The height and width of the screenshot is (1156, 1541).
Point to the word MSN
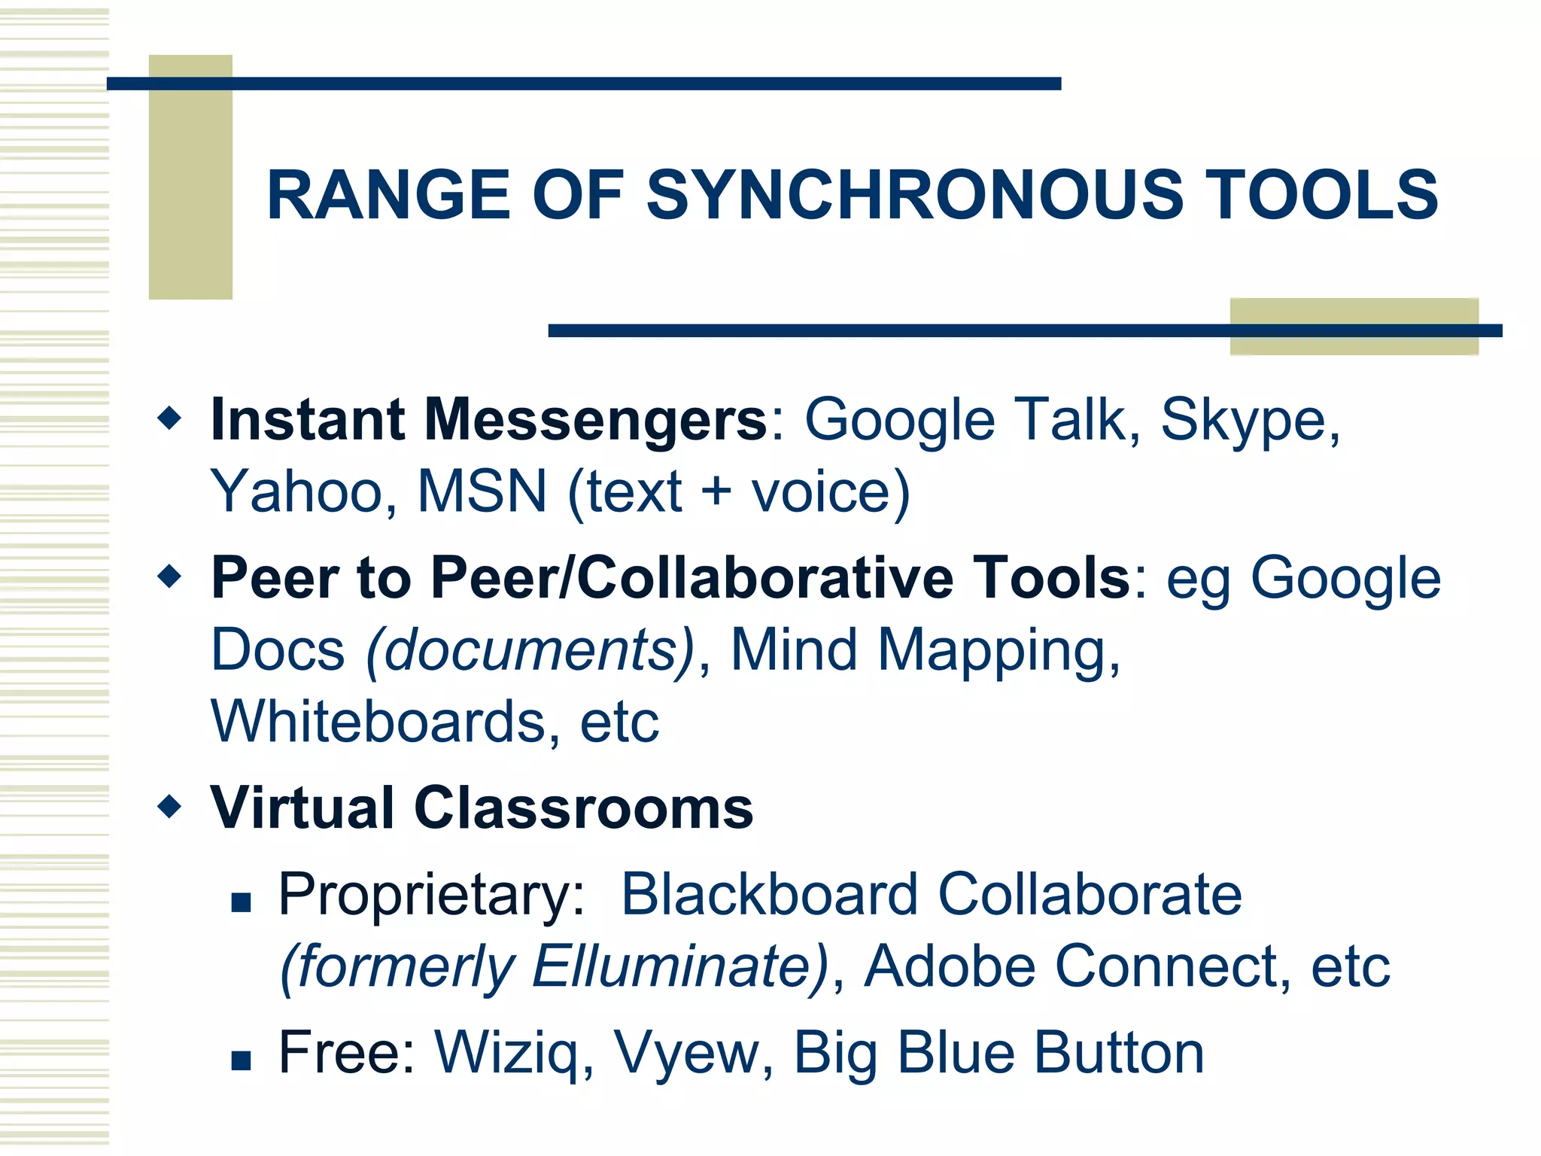pyautogui.click(x=482, y=491)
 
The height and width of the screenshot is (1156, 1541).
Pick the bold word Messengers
pyautogui.click(x=595, y=419)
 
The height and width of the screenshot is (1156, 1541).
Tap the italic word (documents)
pyautogui.click(x=530, y=649)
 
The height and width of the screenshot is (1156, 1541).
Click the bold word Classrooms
pyautogui.click(x=583, y=808)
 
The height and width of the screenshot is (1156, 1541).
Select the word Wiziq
pyautogui.click(x=512, y=1053)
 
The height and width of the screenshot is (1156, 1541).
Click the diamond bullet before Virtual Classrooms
pyautogui.click(x=170, y=807)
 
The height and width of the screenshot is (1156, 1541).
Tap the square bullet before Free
pyautogui.click(x=241, y=1060)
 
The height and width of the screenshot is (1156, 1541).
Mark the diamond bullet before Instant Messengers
pyautogui.click(x=170, y=418)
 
